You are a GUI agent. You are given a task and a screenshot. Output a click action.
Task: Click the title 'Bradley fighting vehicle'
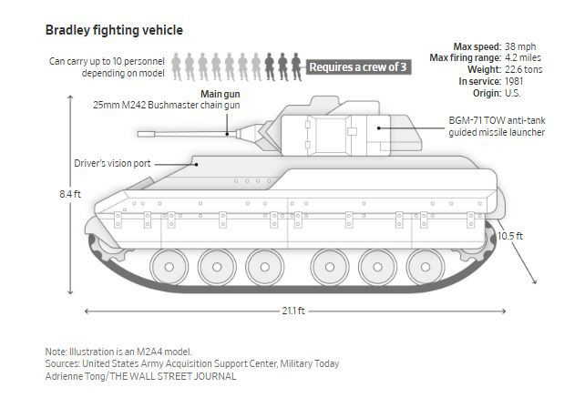(114, 30)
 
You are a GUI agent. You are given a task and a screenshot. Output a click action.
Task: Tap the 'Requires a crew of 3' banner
(359, 66)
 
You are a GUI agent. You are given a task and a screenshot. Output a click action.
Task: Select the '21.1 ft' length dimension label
(293, 311)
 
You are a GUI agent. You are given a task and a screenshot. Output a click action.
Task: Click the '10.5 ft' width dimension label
(511, 236)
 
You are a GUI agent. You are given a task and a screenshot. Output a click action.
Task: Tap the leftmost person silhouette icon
(177, 64)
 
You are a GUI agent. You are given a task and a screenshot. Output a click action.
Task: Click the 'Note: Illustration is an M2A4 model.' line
(118, 352)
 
